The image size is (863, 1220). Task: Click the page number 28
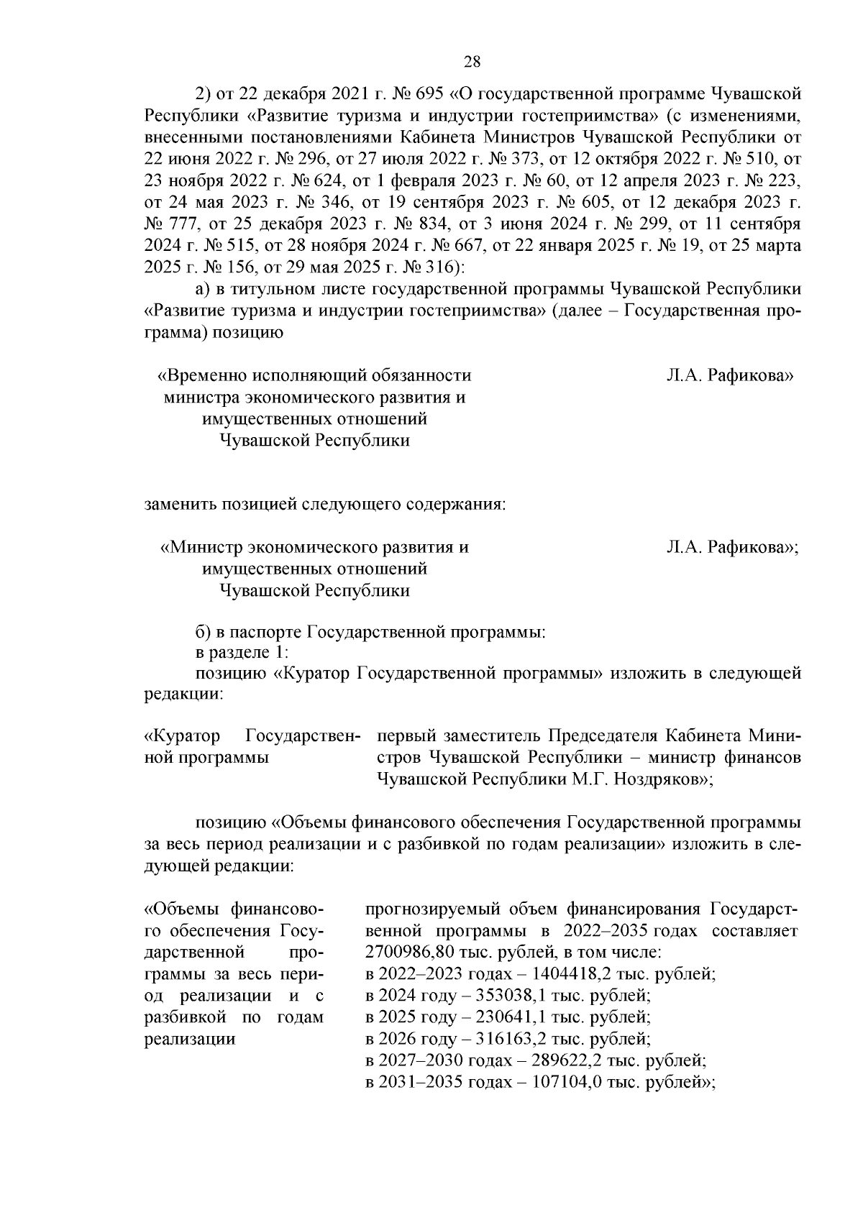click(x=472, y=62)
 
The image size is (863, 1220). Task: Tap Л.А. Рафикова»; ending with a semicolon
click(x=732, y=548)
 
